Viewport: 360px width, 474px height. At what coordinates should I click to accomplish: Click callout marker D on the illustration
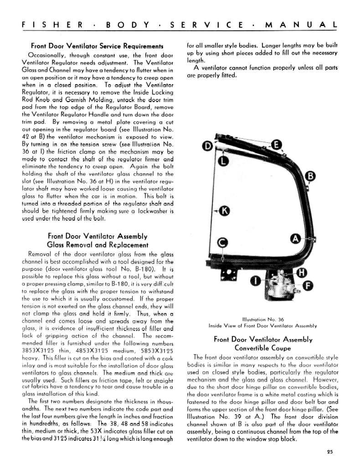tap(207, 146)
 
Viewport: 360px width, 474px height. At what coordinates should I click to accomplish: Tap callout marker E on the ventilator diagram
tap(275, 145)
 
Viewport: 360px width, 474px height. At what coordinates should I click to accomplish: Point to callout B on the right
tap(310, 176)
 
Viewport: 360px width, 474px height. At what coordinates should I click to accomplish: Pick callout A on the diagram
tap(295, 238)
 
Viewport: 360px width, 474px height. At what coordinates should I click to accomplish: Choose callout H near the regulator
tap(301, 273)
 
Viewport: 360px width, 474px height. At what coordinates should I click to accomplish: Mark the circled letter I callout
tap(256, 281)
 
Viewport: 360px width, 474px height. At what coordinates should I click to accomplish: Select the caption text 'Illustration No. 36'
tap(262, 319)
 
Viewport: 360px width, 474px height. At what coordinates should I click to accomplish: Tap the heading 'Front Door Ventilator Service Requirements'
tap(97, 46)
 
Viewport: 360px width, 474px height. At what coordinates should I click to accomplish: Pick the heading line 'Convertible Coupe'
tap(262, 348)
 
